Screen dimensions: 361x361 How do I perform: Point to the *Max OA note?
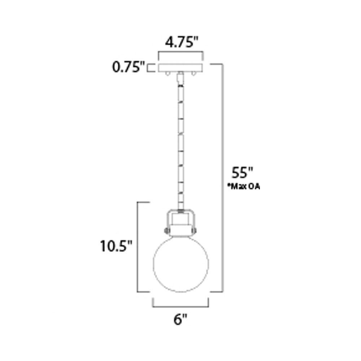(x=243, y=187)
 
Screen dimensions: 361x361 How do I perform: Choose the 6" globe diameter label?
(x=180, y=319)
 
